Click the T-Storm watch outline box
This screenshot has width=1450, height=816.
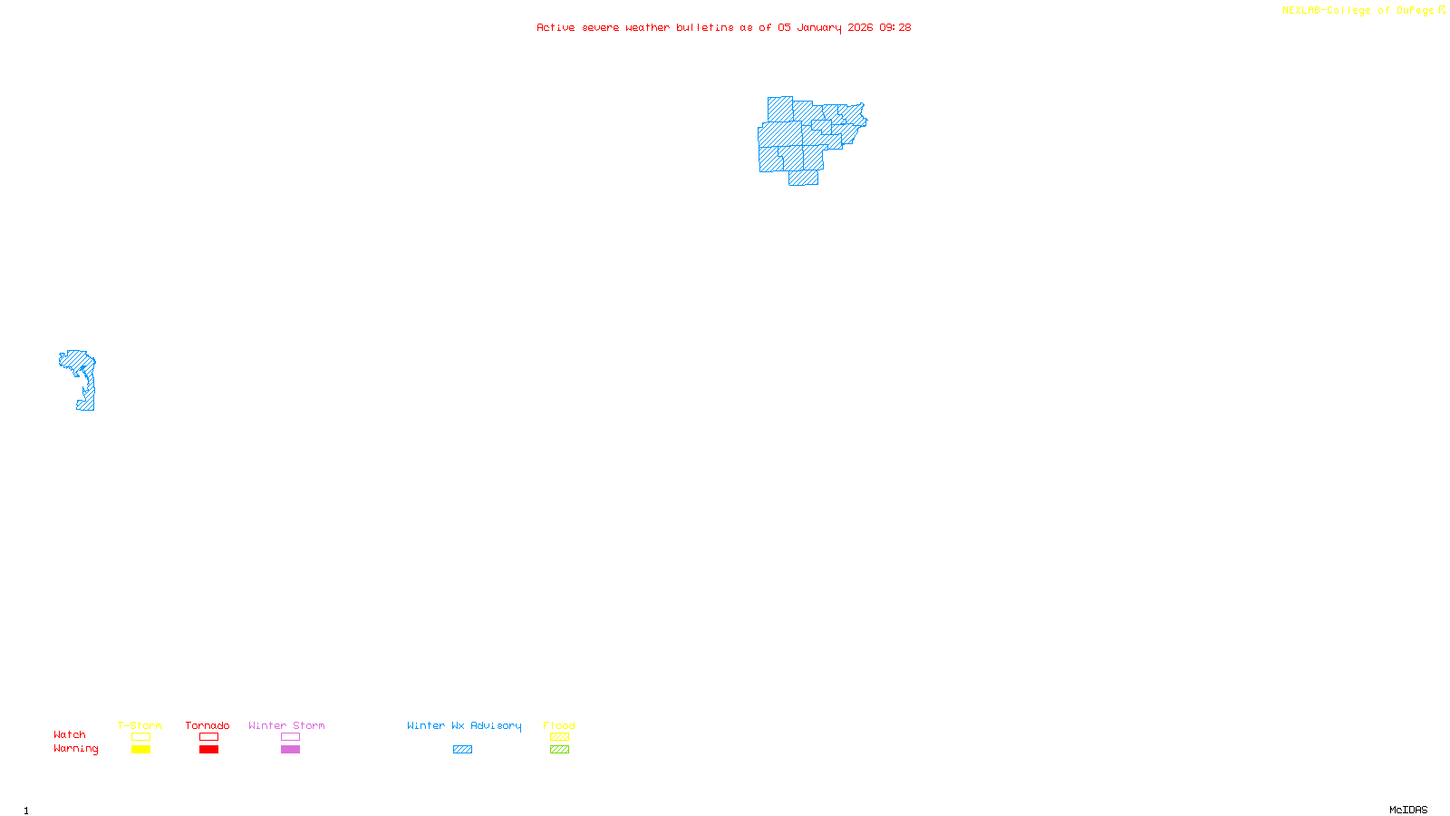(x=140, y=737)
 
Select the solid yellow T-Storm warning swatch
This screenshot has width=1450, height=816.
(x=140, y=750)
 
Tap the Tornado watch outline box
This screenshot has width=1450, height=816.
(x=208, y=737)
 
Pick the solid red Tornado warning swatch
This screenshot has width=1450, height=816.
(x=208, y=750)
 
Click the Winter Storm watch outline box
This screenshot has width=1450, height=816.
(x=290, y=737)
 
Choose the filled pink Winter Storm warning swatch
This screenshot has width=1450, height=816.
(x=290, y=750)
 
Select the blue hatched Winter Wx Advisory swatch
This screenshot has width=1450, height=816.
(x=462, y=750)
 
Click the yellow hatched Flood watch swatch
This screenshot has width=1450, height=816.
(x=559, y=737)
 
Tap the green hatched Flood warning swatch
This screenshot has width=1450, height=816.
(x=559, y=750)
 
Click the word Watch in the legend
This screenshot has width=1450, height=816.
(x=70, y=735)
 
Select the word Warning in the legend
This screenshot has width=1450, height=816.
(x=75, y=749)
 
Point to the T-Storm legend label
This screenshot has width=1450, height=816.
(x=140, y=725)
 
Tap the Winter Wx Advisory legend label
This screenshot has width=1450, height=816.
(x=464, y=725)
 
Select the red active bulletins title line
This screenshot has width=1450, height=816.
(x=723, y=27)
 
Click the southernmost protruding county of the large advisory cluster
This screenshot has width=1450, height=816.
(x=803, y=178)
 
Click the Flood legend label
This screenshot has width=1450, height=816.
(x=559, y=725)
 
